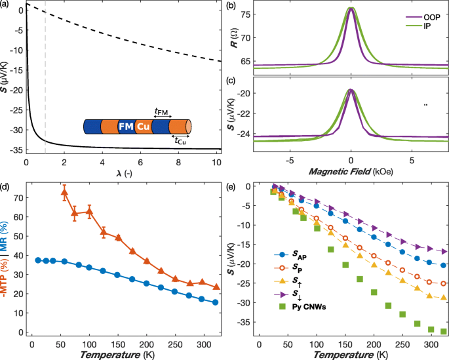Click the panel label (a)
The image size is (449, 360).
click(x=6, y=6)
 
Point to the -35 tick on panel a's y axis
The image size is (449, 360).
click(x=14, y=150)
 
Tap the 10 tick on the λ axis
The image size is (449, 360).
click(x=218, y=161)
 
